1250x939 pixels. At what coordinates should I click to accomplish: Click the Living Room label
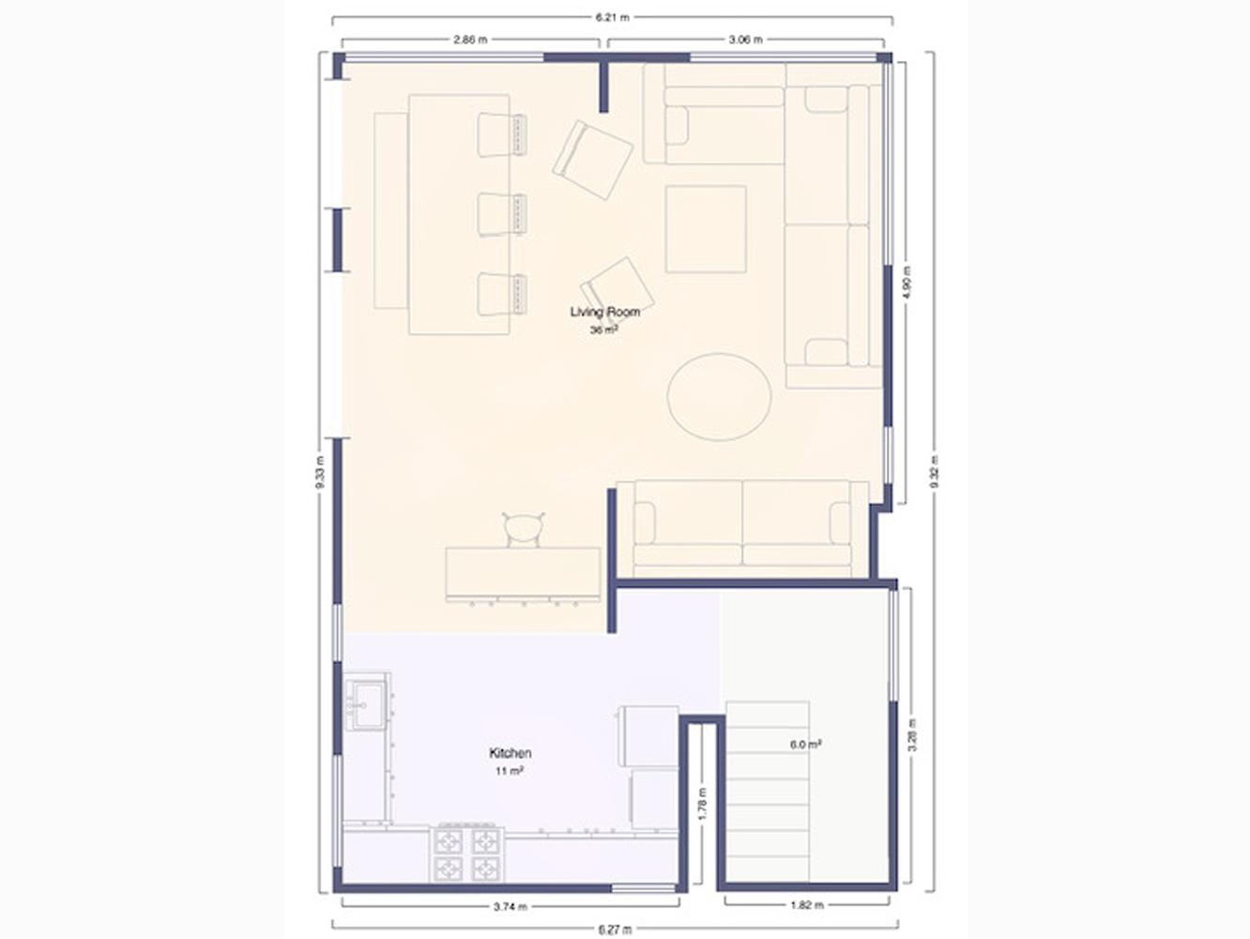pyautogui.click(x=604, y=312)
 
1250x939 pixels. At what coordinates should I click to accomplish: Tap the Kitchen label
pyautogui.click(x=511, y=753)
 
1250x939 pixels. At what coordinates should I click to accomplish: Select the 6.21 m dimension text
pyautogui.click(x=613, y=18)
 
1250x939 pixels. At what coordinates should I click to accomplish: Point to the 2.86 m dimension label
pyautogui.click(x=470, y=39)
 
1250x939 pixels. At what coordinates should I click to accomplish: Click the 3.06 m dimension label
pyautogui.click(x=745, y=39)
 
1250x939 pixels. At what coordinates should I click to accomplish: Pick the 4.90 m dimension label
pyautogui.click(x=907, y=283)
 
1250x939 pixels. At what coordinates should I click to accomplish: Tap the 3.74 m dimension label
pyautogui.click(x=510, y=906)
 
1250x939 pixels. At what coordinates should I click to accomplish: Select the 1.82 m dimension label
pyautogui.click(x=806, y=905)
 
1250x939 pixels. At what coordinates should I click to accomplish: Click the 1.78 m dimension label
pyautogui.click(x=702, y=805)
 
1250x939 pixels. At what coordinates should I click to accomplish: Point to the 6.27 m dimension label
pyautogui.click(x=615, y=930)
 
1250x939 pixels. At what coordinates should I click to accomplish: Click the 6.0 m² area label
pyautogui.click(x=805, y=744)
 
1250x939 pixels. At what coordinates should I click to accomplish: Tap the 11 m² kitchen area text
pyautogui.click(x=510, y=771)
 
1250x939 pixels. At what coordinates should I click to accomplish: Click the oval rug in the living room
pyautogui.click(x=719, y=396)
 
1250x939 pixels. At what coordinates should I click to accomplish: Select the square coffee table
pyautogui.click(x=706, y=229)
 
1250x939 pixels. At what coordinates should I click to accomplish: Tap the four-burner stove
pyautogui.click(x=467, y=854)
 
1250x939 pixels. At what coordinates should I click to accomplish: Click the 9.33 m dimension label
pyautogui.click(x=319, y=472)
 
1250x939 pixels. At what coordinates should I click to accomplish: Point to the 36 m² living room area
pyautogui.click(x=604, y=330)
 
